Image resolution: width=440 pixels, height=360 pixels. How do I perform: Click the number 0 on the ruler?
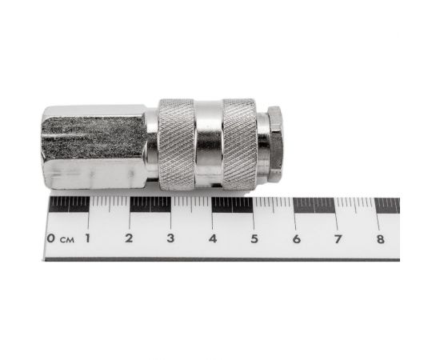pyautogui.click(x=51, y=238)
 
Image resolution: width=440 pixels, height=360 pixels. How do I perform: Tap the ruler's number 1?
pyautogui.click(x=87, y=238)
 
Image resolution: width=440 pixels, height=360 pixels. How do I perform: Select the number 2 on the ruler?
pyautogui.click(x=129, y=238)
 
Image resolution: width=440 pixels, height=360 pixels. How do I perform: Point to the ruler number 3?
pyautogui.click(x=170, y=238)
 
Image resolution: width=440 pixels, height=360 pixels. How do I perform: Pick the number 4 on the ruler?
pyautogui.click(x=212, y=238)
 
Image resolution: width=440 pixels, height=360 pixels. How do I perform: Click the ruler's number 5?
pyautogui.click(x=254, y=238)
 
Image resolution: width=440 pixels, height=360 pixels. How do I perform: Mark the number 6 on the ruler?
pyautogui.click(x=296, y=238)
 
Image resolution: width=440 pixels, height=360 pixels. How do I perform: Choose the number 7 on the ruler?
pyautogui.click(x=338, y=238)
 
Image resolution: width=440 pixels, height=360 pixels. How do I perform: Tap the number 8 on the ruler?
pyautogui.click(x=379, y=238)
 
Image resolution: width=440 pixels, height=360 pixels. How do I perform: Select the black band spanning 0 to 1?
pyautogui.click(x=69, y=204)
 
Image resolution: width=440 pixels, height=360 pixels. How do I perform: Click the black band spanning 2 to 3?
pyautogui.click(x=150, y=204)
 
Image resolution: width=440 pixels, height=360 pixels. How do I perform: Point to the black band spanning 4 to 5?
pyautogui.click(x=233, y=204)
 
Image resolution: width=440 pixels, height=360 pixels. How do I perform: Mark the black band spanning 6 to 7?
pyautogui.click(x=315, y=204)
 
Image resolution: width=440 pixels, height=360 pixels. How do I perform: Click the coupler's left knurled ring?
pyautogui.click(x=177, y=144)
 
